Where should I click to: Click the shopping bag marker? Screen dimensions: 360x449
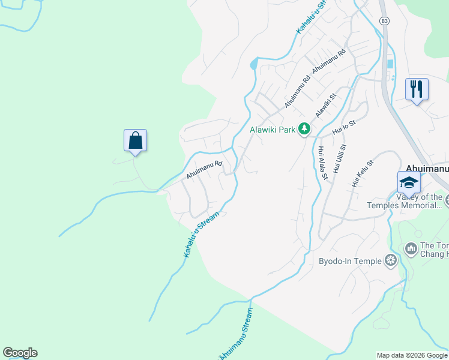(x=136, y=141)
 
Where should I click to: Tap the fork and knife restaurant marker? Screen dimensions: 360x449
(x=417, y=89)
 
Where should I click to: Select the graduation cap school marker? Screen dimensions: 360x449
(x=408, y=182)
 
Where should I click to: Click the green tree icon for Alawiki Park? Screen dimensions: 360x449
(x=305, y=129)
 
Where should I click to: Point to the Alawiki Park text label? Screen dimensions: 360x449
(x=273, y=129)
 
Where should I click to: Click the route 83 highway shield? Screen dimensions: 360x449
(x=385, y=20)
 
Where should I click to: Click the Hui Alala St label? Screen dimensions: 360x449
(x=323, y=163)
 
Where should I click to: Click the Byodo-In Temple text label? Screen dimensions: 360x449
(x=350, y=261)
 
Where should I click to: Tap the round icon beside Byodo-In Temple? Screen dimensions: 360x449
(x=391, y=260)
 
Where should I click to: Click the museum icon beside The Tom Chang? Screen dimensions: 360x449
(x=411, y=248)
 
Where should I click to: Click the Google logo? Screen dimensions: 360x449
(x=20, y=353)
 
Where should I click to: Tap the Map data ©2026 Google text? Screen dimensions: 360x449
(x=412, y=355)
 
